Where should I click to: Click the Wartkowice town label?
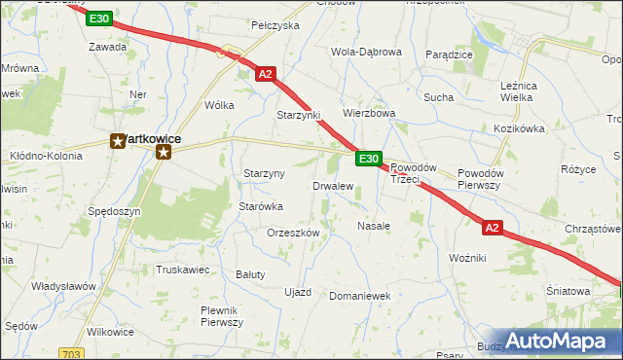146,139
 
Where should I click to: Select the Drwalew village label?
332,186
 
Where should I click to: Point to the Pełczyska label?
275,25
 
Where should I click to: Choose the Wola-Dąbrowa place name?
366,53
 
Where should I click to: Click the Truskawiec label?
182,270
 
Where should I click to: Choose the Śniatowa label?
568,291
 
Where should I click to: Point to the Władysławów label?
63,286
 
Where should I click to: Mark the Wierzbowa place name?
368,113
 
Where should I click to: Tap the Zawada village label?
107,47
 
